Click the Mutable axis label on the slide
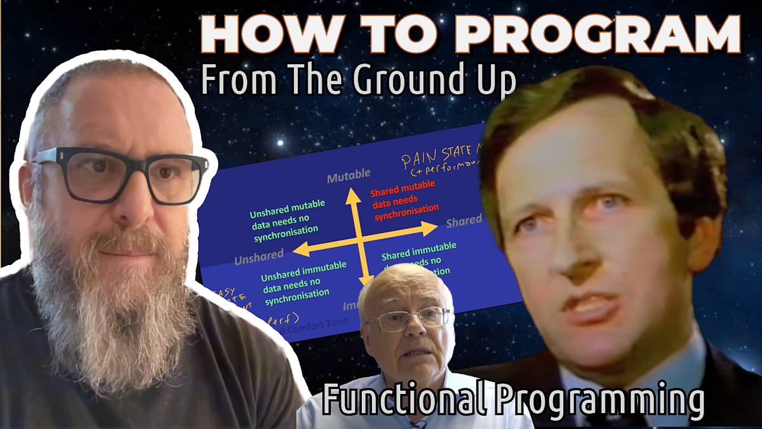coord(349,178)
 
